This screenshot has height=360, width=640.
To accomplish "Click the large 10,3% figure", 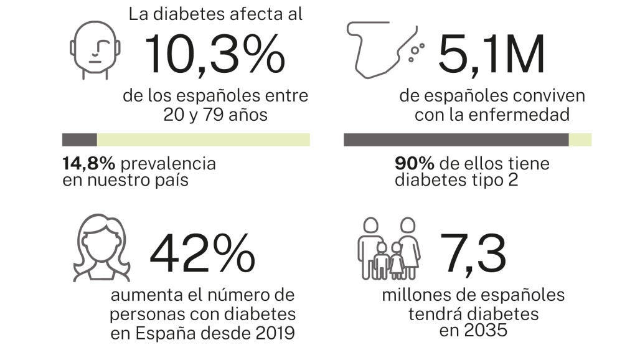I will pos(215,54).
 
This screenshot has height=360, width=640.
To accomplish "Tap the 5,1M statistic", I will pos(491,54).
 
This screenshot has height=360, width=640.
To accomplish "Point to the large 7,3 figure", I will pos(473,254).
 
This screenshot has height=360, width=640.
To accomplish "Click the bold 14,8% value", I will pos(88,164).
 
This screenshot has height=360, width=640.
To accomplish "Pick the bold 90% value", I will pos(414,164).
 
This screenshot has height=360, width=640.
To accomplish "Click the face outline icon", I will pos(95,50).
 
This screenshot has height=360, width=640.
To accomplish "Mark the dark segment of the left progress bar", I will pos(80,140).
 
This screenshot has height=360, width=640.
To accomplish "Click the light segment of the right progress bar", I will pos(580,140).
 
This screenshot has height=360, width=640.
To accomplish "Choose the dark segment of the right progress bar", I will pos(456,140).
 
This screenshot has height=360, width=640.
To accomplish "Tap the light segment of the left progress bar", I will pos(203,140).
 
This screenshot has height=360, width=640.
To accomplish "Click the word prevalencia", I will pos(168,164).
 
